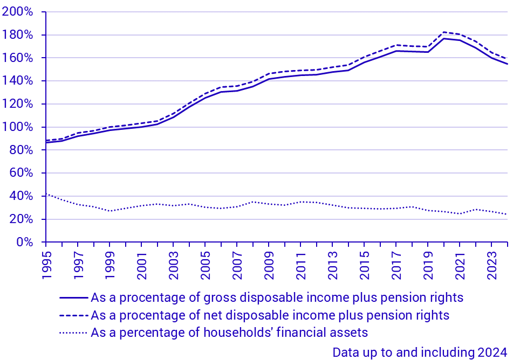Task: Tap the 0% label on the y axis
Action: click(x=24, y=243)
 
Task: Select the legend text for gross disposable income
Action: click(x=277, y=297)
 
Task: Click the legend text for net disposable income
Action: click(x=270, y=315)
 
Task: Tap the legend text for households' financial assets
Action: click(x=229, y=332)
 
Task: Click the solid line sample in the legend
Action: click(x=73, y=297)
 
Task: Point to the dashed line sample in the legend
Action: click(x=73, y=315)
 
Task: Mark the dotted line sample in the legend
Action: click(x=73, y=332)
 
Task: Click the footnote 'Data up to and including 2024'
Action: click(x=420, y=352)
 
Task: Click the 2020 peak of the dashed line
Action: click(x=444, y=32)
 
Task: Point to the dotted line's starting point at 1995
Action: click(x=46, y=193)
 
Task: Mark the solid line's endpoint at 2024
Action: click(x=508, y=64)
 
